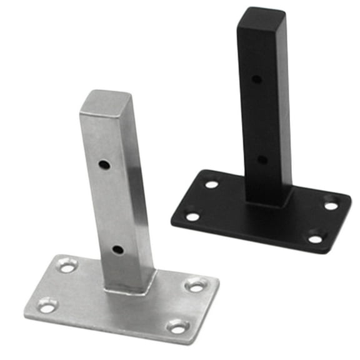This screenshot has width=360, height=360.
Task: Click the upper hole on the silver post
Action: click(x=104, y=166)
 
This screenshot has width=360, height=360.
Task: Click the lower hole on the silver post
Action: click(x=117, y=250)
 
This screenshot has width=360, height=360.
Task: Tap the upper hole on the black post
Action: click(x=257, y=79)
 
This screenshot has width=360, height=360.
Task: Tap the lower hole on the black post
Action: click(x=262, y=159)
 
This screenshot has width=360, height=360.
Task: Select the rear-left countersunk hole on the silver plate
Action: click(x=67, y=265)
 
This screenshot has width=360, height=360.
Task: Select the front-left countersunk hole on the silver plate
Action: click(x=47, y=306)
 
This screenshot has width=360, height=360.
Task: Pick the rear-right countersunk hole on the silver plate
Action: click(x=196, y=285)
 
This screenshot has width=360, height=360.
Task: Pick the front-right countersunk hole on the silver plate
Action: click(x=178, y=326)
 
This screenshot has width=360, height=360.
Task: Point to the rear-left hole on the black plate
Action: click(x=212, y=184)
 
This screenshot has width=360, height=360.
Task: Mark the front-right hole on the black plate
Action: click(x=316, y=237)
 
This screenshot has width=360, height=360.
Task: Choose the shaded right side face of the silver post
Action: click(x=142, y=187)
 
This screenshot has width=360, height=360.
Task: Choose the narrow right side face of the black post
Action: click(x=284, y=106)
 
